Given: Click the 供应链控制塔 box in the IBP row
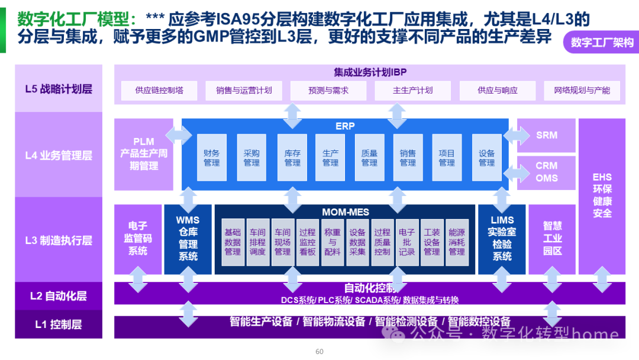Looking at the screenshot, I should coord(159,91).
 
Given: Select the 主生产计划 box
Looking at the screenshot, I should coord(413,91).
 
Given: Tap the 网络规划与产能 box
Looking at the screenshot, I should coord(582,91).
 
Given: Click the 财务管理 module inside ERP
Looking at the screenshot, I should coord(212,157).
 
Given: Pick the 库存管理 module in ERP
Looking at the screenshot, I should coord(292,157).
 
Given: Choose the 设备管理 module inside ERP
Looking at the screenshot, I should coord(486,157).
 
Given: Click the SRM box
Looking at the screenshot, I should coord(546,135).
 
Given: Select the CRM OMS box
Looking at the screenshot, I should coord(546,172).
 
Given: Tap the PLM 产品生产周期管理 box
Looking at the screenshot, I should coord(144,154).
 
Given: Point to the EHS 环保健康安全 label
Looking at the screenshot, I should coord(602,195).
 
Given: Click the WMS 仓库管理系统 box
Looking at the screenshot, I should coord(188,239).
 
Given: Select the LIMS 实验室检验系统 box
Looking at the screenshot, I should coord(502,239).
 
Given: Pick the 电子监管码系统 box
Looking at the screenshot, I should coord(138,239).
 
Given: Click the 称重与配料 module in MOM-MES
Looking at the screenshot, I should coord(333,242).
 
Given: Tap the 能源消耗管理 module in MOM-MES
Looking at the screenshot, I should coord(457,242).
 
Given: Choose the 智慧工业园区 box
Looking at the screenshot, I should coord(552,239).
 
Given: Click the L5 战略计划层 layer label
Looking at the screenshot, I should coord(59,89).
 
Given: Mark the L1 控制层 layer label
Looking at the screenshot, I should coord(59,324).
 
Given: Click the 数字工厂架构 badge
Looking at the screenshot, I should coord(602,43).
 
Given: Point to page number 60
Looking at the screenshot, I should coord(319,352).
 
